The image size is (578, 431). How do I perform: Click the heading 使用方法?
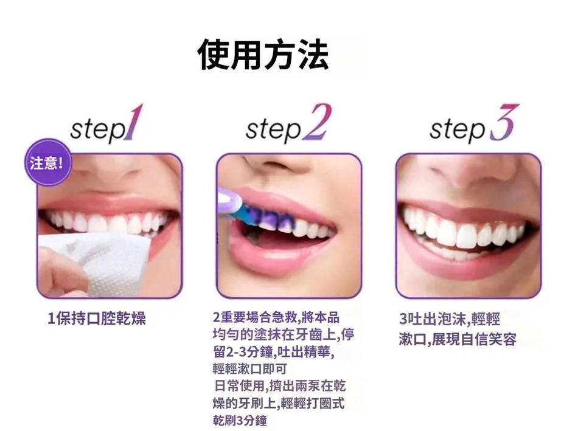tap(263, 55)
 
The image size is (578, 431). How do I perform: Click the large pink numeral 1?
tap(133, 122)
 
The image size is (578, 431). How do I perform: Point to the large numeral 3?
tap(504, 122)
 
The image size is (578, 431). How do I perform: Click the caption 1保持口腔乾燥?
tap(97, 319)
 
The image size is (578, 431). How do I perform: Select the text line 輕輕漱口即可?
tap(250, 369)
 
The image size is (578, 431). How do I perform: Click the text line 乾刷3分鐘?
tap(240, 420)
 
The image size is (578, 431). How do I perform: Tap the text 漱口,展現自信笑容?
tap(458, 339)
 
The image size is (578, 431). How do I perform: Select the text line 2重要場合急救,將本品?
tap(276, 317)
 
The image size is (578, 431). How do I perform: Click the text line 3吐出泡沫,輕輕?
tap(450, 319)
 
